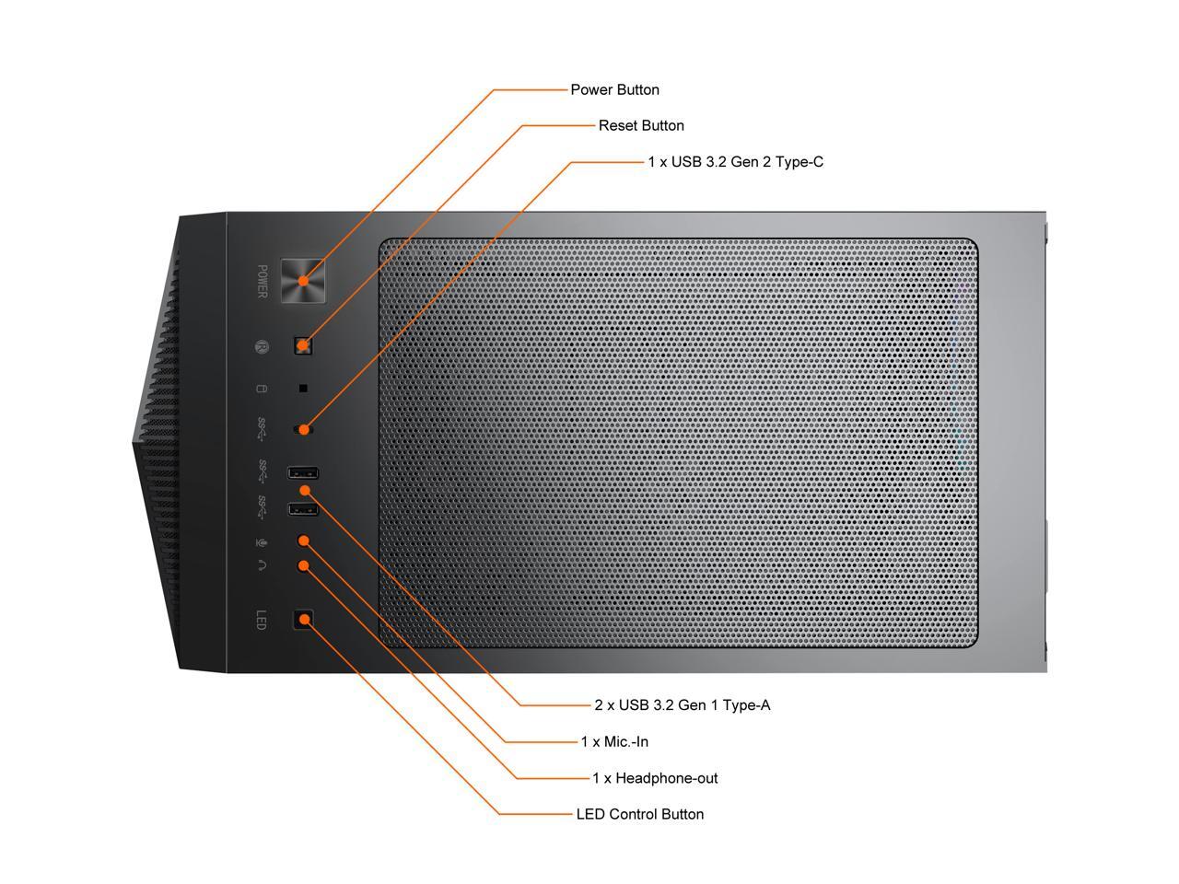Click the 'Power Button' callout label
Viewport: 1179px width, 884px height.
[x=614, y=90]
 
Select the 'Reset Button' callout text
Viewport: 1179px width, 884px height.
[x=641, y=126]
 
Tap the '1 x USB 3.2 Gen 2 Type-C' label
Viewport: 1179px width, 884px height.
[x=735, y=162]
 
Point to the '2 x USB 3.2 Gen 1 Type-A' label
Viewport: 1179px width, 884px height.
[x=682, y=705]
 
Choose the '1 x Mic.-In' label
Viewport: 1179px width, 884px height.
[x=614, y=741]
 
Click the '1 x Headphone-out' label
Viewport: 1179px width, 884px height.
[x=655, y=778]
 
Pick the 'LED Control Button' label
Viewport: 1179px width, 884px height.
[x=639, y=814]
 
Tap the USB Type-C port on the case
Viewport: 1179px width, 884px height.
[x=303, y=429]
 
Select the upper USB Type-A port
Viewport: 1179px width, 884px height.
[x=304, y=473]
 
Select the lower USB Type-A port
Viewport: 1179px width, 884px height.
[x=304, y=509]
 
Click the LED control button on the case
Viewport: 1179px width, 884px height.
[x=303, y=620]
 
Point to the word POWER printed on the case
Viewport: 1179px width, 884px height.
[x=262, y=282]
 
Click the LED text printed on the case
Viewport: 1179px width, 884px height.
[x=261, y=620]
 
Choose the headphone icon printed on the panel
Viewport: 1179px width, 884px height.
[x=262, y=565]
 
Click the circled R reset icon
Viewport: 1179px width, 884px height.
[x=262, y=347]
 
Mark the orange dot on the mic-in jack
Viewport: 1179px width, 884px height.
[x=304, y=541]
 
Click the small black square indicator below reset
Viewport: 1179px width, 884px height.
[x=303, y=389]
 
